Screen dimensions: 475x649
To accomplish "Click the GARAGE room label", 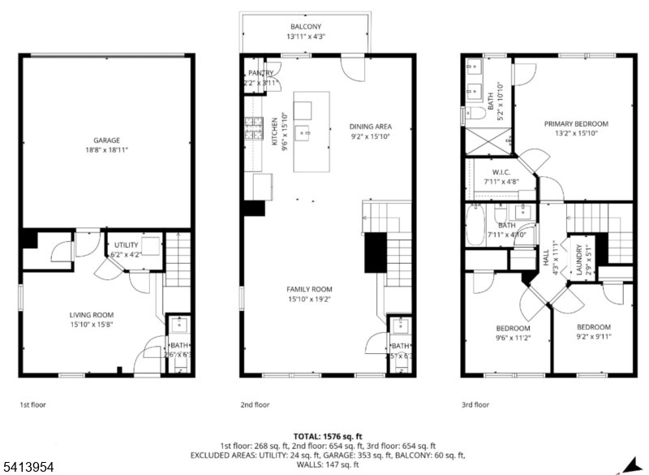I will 105,140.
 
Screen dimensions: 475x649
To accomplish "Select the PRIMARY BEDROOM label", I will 576,124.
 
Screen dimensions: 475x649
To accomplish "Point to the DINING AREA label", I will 370,127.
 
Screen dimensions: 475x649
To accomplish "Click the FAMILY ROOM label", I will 309,289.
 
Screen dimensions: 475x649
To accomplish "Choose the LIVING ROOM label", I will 90,315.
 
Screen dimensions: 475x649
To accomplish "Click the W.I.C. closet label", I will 501,172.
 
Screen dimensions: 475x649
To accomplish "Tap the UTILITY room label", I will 126,244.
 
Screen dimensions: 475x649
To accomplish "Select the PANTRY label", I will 260,73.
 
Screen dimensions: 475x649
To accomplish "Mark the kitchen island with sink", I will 304,133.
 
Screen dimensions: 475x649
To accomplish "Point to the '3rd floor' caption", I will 475,404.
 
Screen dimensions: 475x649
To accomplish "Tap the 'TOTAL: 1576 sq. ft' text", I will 324,436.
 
